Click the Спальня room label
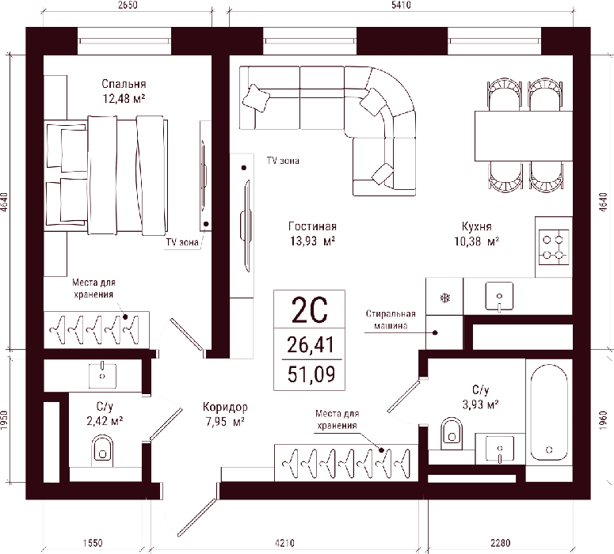[124, 84]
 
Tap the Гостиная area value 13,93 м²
[312, 241]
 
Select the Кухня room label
[477, 226]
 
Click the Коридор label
[225, 408]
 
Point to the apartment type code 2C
[309, 310]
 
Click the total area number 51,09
[311, 374]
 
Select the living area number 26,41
[311, 345]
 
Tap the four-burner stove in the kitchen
[554, 247]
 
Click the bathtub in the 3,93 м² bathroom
[548, 412]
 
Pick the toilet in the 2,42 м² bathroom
[102, 450]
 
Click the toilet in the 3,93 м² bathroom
[452, 434]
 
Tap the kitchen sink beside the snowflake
[499, 296]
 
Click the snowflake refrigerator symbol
[444, 298]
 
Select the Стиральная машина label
[391, 319]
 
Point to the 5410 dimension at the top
[401, 5]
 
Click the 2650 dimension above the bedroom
[128, 5]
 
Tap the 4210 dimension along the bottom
[284, 543]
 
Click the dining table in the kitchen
[524, 136]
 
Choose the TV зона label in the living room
[283, 161]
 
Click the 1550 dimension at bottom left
[93, 543]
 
